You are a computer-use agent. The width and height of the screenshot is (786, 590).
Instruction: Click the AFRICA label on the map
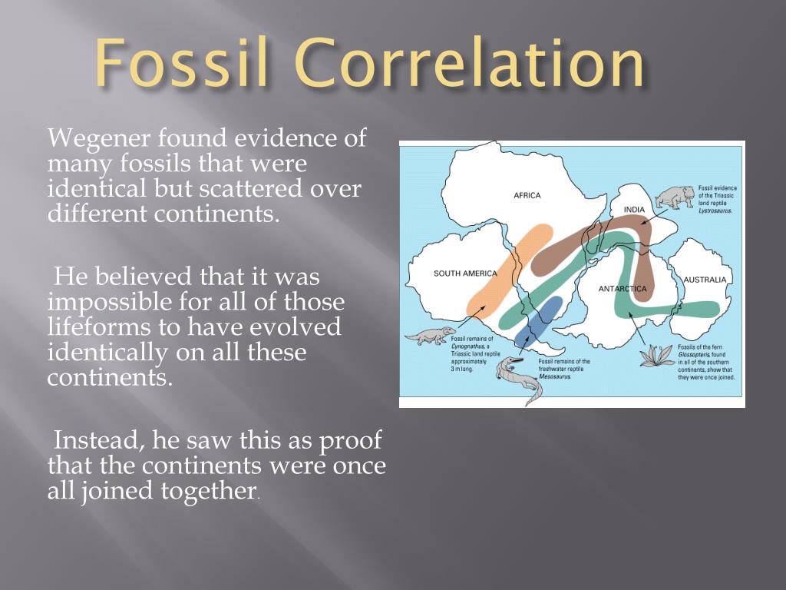527,195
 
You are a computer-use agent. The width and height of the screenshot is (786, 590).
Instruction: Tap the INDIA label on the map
634,210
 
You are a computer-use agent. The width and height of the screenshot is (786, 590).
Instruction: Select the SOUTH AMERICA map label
465,273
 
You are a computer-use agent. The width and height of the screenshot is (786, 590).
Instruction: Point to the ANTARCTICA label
623,289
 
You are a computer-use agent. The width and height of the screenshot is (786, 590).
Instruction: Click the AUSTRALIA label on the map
704,280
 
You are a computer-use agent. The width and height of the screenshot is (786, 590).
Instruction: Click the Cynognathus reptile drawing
431,336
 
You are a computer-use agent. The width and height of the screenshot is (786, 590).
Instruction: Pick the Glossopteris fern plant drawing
656,356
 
